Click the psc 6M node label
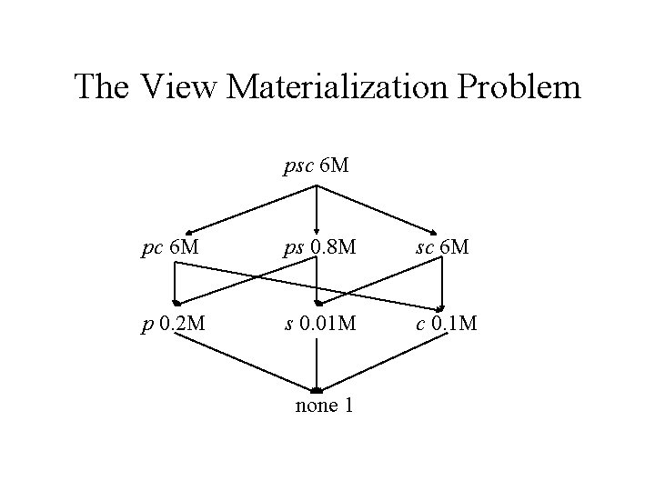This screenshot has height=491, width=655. click(x=316, y=166)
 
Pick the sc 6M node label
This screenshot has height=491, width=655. click(x=443, y=247)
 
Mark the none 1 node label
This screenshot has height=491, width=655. click(x=324, y=405)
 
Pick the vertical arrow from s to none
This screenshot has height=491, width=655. click(x=316, y=364)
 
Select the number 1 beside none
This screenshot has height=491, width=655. click(x=348, y=405)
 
